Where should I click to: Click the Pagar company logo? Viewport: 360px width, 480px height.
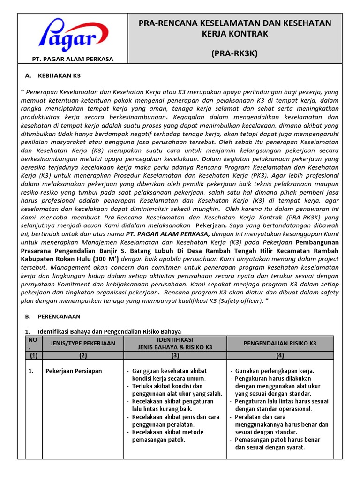(x=72, y=36)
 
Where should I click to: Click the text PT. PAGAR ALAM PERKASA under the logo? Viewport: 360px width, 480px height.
(x=72, y=59)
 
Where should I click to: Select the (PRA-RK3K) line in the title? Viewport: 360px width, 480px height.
(x=234, y=53)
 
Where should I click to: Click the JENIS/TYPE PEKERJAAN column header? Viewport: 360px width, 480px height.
(x=82, y=343)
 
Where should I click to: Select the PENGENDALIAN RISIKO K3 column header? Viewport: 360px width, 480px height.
(x=280, y=343)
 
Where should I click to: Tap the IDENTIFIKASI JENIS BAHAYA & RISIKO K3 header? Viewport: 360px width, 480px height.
(x=175, y=343)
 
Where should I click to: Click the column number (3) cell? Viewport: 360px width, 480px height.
(x=175, y=355)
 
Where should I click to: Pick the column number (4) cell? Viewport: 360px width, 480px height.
(x=280, y=355)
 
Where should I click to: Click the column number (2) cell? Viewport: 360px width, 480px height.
(x=82, y=355)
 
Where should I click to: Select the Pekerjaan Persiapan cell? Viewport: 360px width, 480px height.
(x=74, y=371)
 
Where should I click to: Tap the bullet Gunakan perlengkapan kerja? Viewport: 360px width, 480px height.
(x=275, y=371)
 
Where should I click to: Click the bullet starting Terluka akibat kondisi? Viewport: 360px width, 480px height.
(x=174, y=390)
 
